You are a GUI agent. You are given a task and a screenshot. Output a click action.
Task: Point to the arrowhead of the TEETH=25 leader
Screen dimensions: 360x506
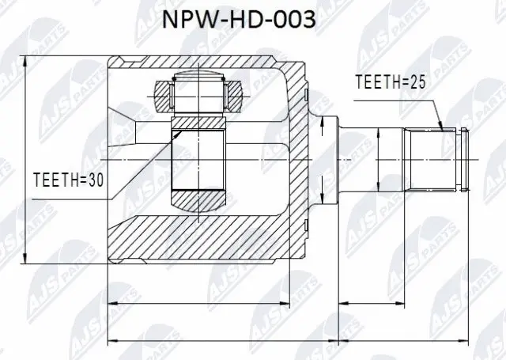tap(441, 126)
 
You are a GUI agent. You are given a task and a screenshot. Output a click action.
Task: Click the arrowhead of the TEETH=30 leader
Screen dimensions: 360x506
tap(180, 131)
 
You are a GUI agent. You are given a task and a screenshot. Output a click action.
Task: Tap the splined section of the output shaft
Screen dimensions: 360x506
tap(431, 159)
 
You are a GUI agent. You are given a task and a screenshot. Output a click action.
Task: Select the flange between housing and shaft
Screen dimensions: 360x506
tap(327, 159)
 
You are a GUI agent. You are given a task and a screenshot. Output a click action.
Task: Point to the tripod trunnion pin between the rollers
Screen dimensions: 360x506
tap(197, 93)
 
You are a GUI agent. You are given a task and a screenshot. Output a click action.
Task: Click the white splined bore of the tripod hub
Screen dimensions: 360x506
tap(197, 159)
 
